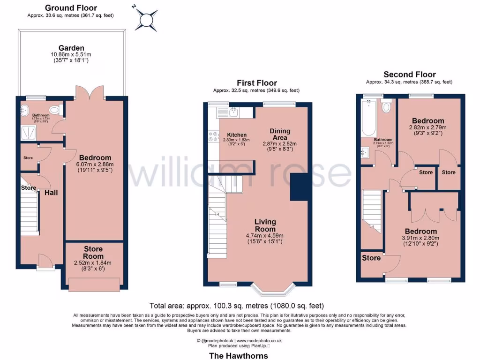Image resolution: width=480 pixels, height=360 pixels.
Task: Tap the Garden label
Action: (71, 48)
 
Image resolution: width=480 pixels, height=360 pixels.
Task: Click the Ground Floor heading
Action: (71, 7)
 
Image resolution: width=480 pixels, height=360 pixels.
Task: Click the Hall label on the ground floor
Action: (51, 192)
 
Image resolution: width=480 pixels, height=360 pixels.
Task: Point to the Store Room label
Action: (93, 252)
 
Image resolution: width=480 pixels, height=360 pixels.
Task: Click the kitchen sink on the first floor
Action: (233, 112)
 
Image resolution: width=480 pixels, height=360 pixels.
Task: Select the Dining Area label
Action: (280, 134)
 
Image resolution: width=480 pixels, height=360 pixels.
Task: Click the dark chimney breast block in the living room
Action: (299, 187)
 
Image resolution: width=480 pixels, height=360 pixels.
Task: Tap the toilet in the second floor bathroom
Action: (386, 107)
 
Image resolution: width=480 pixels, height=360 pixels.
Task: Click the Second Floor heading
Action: (409, 74)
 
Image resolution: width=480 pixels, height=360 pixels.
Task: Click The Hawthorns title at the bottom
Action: (238, 355)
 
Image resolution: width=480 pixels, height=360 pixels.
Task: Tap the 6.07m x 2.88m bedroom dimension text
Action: (95, 165)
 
